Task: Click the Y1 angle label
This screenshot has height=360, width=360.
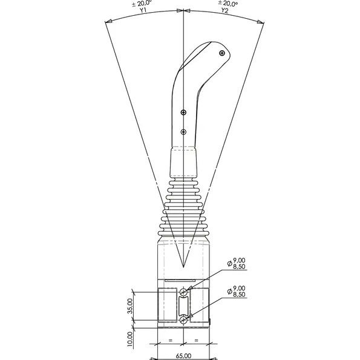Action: tap(143, 10)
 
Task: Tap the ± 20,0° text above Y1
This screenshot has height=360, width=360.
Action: tap(143, 3)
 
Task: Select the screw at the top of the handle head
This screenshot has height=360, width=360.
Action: tap(223, 54)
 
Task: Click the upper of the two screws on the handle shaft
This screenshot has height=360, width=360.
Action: tap(184, 113)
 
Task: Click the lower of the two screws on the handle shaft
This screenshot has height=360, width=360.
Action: tap(184, 131)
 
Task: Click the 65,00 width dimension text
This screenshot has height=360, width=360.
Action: tap(183, 356)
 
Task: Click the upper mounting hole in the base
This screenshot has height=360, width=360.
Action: tap(184, 293)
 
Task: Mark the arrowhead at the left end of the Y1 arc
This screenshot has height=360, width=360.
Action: tap(107, 23)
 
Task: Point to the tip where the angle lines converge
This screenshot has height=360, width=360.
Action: tap(184, 267)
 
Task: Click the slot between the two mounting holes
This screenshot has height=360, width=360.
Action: tap(184, 306)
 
